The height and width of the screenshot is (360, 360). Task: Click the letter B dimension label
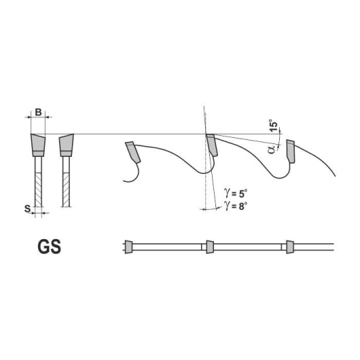38,112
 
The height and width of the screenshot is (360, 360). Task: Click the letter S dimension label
28,209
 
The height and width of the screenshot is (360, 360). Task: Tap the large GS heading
50,247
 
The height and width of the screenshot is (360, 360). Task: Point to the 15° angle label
274,126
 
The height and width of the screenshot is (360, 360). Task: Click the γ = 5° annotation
236,194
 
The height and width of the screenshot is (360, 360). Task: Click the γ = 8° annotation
236,206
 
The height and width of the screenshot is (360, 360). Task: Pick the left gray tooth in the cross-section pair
38,145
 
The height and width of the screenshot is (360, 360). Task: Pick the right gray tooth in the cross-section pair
67,145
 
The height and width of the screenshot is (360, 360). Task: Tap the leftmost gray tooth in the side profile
132,152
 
